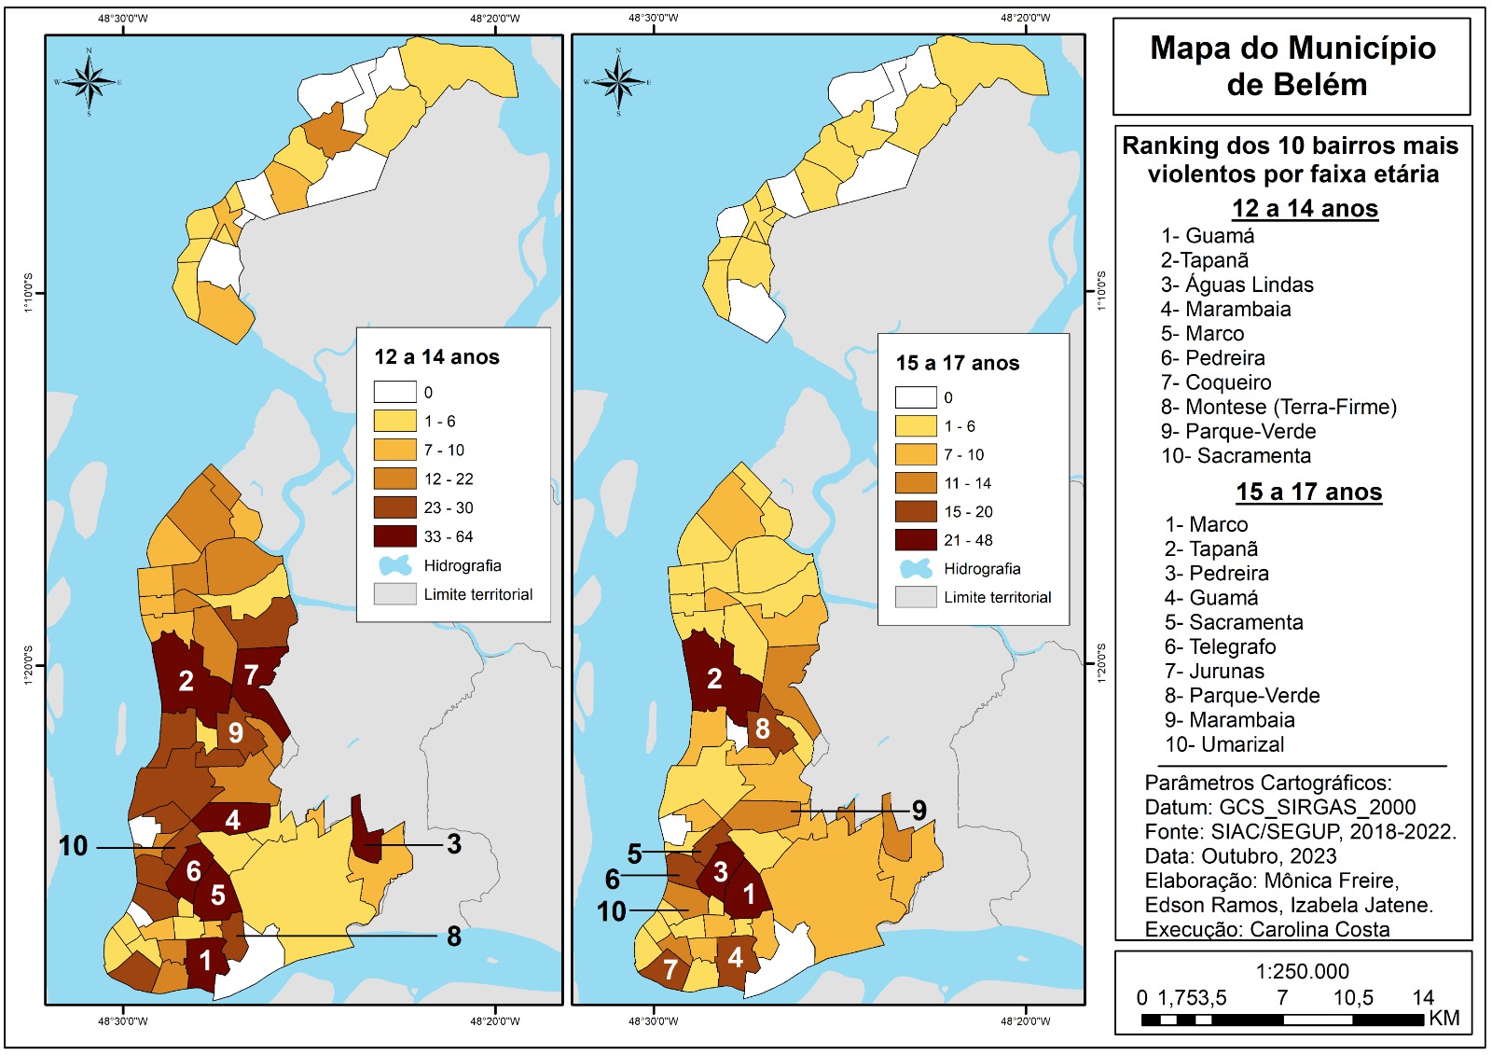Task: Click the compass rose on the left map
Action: click(89, 81)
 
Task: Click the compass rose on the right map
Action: click(618, 81)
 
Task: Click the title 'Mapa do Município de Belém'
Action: click(1292, 66)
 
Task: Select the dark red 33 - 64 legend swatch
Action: click(394, 536)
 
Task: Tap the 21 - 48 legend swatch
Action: click(915, 540)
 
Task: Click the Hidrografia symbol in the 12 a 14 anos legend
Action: click(394, 565)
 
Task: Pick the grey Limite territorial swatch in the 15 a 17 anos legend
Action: click(915, 597)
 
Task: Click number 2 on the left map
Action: click(186, 681)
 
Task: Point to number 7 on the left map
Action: click(251, 674)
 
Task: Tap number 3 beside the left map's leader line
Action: click(453, 844)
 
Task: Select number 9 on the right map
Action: click(919, 811)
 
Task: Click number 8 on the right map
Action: click(763, 729)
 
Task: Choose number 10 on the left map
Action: click(74, 846)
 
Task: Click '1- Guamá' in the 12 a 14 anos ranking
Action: click(1208, 236)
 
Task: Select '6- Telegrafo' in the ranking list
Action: click(1220, 646)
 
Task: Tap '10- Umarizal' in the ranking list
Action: click(1224, 744)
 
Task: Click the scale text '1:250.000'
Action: click(1302, 971)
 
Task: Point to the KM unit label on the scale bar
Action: click(1444, 1018)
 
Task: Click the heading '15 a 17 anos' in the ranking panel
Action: click(1308, 492)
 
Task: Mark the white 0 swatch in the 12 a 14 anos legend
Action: click(394, 392)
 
